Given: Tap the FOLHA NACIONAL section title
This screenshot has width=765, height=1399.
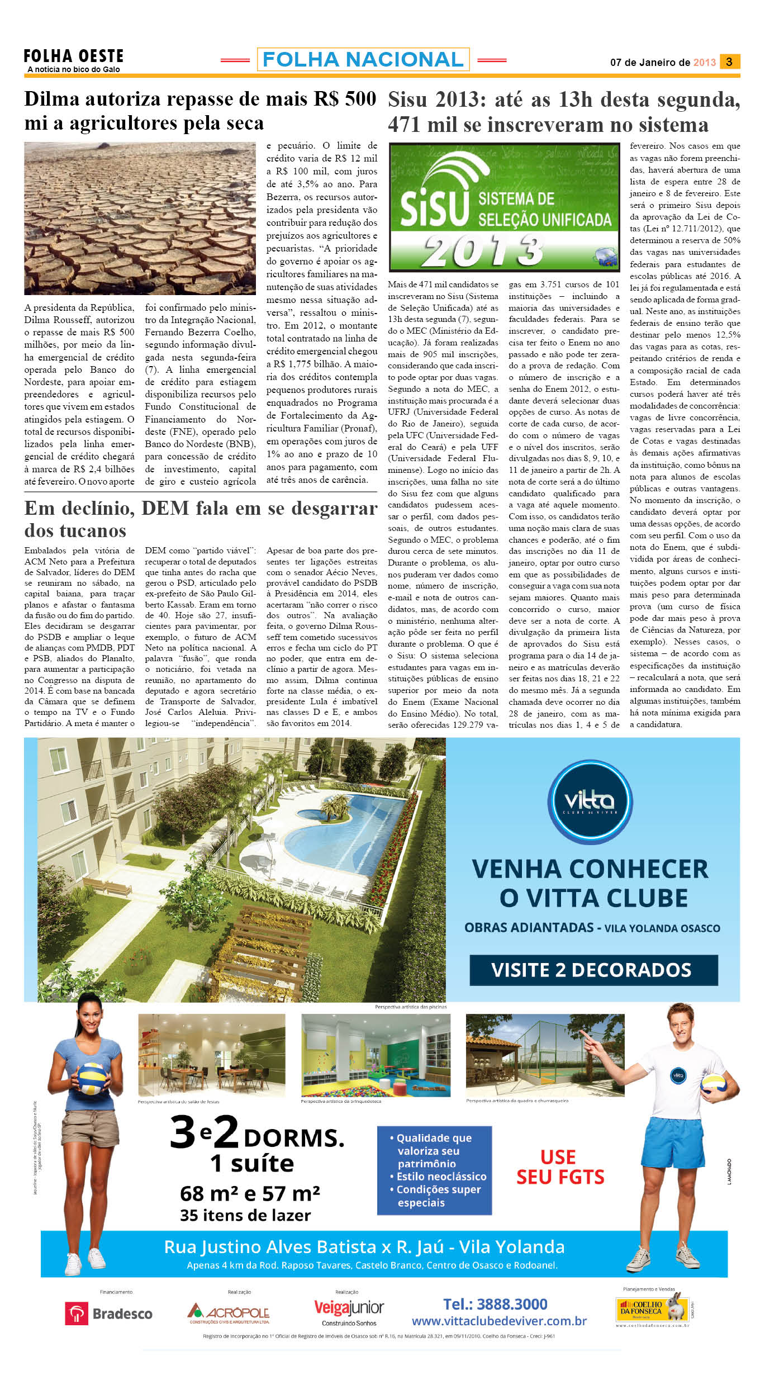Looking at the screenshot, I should [x=363, y=59].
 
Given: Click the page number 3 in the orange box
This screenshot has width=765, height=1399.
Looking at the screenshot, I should [x=729, y=61].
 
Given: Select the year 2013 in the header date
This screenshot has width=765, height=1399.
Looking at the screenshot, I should [x=704, y=63].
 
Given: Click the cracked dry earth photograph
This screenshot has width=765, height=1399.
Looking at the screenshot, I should [x=140, y=218].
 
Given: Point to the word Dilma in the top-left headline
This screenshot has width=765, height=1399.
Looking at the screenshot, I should [x=54, y=99].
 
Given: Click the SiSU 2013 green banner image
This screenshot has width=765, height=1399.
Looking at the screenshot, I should [x=504, y=207].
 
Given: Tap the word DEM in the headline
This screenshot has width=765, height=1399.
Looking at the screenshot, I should [x=165, y=509].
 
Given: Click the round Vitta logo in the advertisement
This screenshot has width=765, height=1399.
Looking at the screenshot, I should [x=590, y=802].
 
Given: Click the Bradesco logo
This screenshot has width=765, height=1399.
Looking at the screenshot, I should [x=109, y=1313].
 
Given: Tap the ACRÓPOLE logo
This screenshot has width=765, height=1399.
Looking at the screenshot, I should [x=229, y=1312].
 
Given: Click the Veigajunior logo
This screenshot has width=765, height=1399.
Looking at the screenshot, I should [x=349, y=1309].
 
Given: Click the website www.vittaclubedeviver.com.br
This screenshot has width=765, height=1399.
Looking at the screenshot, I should [x=499, y=1321].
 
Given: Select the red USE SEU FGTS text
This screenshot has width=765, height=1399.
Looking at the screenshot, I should [x=560, y=1167].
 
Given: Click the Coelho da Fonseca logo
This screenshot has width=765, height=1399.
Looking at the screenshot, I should [x=654, y=1308].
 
